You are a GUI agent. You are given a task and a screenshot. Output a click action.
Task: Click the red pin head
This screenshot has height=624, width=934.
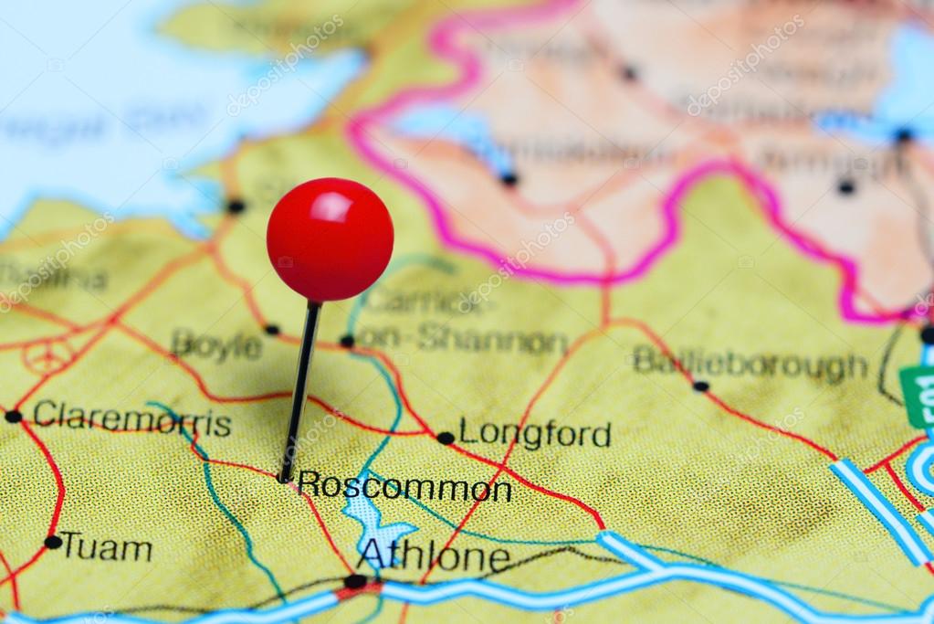[330, 239]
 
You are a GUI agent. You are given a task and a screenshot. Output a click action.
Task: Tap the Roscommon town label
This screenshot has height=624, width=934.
[404, 485]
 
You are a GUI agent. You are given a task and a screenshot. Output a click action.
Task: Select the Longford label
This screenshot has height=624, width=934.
[534, 433]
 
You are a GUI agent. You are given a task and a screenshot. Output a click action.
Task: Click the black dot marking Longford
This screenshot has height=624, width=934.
[446, 438]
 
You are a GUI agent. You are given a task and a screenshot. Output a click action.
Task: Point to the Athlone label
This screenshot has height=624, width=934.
[433, 554]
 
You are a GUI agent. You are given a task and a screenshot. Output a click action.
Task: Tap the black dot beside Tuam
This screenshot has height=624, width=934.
[53, 542]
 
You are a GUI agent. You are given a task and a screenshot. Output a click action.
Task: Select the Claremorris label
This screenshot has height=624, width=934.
[131, 418]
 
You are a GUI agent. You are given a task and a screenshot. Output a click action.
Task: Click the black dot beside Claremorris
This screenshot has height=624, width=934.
[13, 417]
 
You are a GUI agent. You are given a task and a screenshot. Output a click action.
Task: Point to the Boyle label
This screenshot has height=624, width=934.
[216, 345]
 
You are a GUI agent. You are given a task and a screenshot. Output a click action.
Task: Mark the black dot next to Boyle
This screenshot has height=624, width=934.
[271, 329]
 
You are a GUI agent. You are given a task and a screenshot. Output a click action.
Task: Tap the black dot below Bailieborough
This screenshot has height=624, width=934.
[700, 386]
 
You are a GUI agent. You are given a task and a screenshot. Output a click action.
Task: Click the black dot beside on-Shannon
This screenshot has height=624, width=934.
[347, 341]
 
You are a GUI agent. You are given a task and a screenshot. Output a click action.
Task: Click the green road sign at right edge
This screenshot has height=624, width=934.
[918, 396]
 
